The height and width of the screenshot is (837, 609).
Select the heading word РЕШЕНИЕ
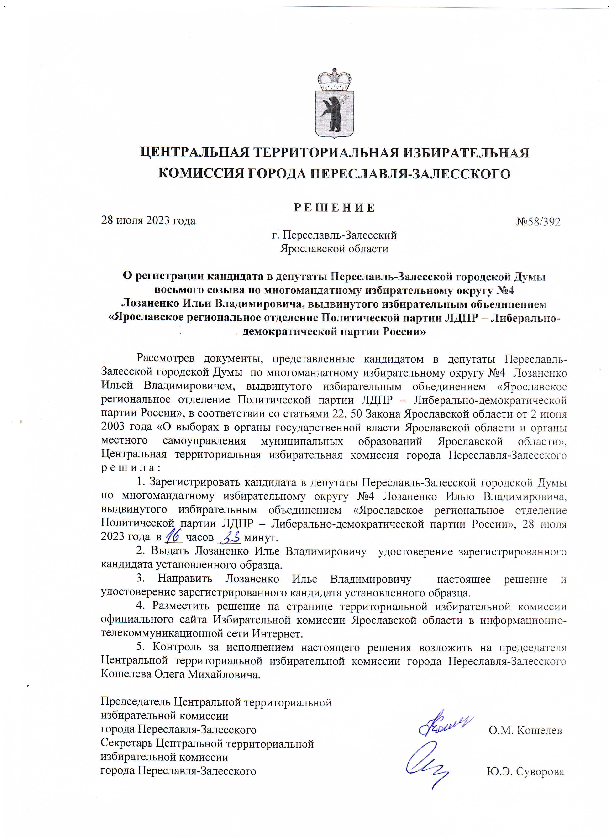334,208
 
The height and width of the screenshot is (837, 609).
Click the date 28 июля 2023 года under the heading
148,221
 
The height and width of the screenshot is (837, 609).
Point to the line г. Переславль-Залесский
334,235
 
